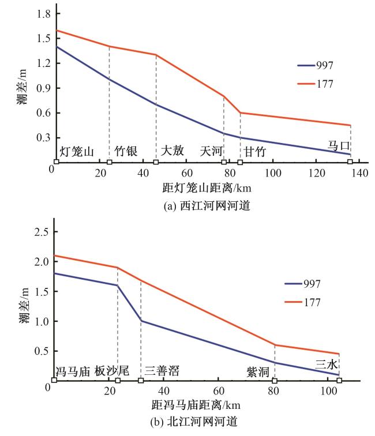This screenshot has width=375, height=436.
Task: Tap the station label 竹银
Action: (125, 151)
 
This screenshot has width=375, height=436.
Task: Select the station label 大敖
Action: (172, 151)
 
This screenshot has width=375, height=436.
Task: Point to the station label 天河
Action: (211, 151)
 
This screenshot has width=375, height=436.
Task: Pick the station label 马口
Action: (339, 146)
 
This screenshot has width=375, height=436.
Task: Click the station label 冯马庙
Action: (72, 371)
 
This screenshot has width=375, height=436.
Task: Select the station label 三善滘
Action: (162, 371)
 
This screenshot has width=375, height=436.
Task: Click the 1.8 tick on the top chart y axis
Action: (40, 13)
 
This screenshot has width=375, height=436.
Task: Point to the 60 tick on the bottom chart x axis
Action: (219, 392)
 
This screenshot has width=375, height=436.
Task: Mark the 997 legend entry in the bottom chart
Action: (312, 284)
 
